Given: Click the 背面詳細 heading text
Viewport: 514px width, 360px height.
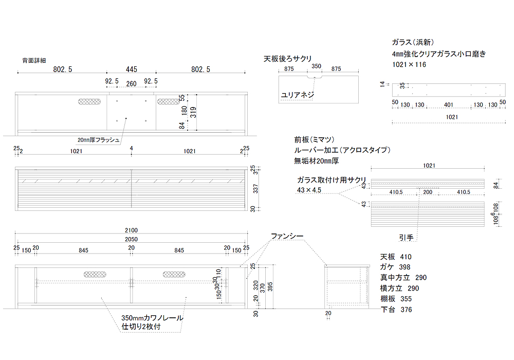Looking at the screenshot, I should pos(34,61).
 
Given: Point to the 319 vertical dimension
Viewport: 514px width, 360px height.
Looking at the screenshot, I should pos(193,112).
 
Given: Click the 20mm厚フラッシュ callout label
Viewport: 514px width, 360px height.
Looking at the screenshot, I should pos(99,139).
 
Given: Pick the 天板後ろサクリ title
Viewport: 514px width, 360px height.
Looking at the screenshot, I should pos(288,59).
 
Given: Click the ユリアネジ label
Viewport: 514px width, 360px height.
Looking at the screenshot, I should pos(297,95).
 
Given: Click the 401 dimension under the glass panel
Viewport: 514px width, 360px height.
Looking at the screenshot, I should pos(448,105).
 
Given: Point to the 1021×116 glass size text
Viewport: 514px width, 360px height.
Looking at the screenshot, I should pos(409,65).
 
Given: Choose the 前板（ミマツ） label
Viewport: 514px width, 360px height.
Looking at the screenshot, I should pos(315,140).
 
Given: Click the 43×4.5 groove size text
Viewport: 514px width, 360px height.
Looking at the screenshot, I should pos(309,190).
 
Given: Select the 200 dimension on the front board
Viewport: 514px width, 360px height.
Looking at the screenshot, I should pos(428,192).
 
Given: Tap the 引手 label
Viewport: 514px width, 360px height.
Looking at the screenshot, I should pos(406,238).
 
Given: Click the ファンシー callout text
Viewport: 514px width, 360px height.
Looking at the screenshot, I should pos(287,236).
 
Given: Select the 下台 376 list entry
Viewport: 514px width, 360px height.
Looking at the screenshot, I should pos(396,310).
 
